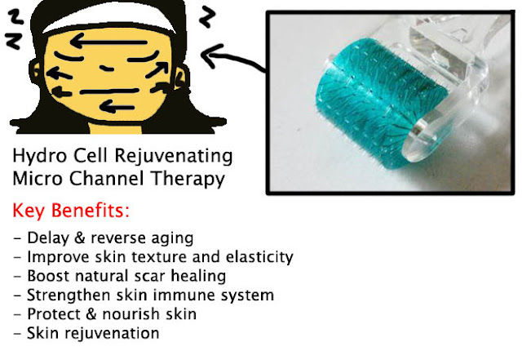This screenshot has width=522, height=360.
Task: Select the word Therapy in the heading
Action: click(x=188, y=179)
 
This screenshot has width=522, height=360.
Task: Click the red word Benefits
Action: click(x=90, y=211)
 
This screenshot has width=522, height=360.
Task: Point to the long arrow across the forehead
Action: click(x=108, y=42)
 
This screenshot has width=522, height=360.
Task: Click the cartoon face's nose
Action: click(x=107, y=69)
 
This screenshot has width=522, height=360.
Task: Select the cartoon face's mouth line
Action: click(x=108, y=91)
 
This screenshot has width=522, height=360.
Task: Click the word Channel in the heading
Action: click(x=107, y=178)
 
